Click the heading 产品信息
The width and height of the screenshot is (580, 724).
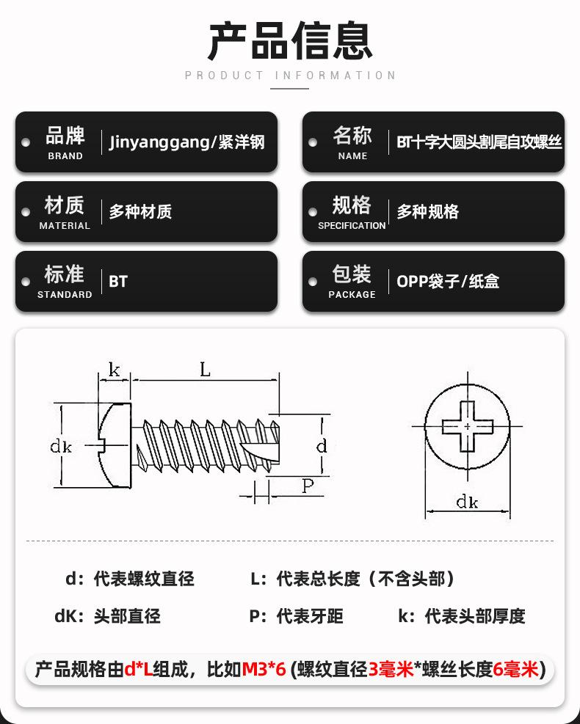[x=290, y=40]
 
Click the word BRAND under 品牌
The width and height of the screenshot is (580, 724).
[x=65, y=156]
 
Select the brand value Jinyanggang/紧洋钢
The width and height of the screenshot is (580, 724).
[x=186, y=142]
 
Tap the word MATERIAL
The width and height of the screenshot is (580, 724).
[x=65, y=225]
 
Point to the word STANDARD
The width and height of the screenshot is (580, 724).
[x=65, y=294]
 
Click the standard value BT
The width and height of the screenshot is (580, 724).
[x=118, y=282]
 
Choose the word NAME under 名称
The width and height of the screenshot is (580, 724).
[x=352, y=156]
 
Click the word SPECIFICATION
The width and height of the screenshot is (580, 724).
[x=352, y=225]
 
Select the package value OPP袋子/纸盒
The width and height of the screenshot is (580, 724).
[x=448, y=282]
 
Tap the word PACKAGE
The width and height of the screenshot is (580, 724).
[x=352, y=294]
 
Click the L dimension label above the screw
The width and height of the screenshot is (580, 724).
[x=205, y=370]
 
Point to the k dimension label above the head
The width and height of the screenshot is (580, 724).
[x=114, y=370]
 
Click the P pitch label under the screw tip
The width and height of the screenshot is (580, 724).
[x=308, y=485]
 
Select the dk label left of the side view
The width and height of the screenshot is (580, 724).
[x=61, y=446]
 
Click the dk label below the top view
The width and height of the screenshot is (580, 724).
[x=467, y=502]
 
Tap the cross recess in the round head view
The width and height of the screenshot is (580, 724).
[x=467, y=425]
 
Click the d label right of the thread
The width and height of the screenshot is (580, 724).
[x=321, y=446]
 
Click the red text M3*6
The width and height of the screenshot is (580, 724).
[x=264, y=669]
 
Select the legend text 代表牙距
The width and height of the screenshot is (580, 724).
[x=309, y=616]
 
